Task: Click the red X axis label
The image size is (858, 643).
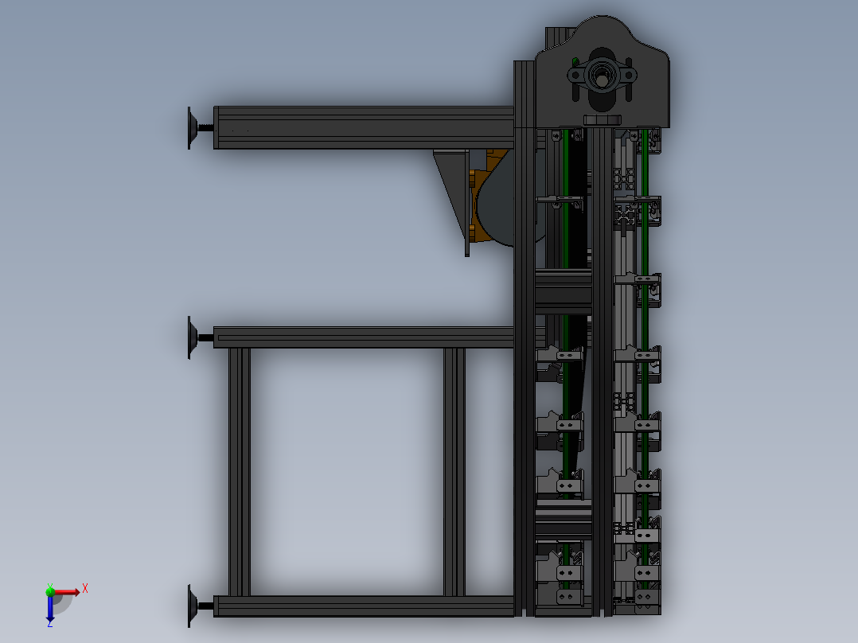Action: click(85, 588)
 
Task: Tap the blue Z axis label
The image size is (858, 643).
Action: click(49, 624)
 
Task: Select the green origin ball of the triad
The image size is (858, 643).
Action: click(50, 591)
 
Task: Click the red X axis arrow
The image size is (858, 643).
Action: click(70, 591)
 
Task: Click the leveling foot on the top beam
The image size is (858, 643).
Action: click(193, 127)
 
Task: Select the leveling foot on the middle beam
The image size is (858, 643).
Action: click(193, 337)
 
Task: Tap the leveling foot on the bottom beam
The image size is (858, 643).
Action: click(193, 606)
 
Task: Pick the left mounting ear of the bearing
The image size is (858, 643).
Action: click(575, 75)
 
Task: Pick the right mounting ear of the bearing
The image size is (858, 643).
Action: click(630, 75)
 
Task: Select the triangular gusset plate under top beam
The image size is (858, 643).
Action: click(451, 191)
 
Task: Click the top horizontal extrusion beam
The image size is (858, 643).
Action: click(362, 127)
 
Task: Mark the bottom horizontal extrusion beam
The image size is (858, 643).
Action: click(362, 606)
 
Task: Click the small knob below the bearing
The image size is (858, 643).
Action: click(602, 119)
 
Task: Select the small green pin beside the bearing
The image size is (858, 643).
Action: click(575, 61)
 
